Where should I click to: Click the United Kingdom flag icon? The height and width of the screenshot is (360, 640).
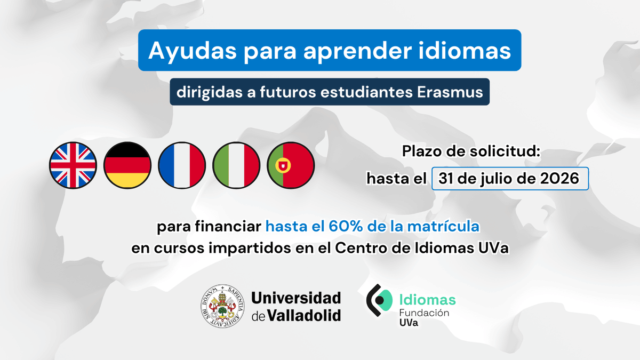[x=73, y=165]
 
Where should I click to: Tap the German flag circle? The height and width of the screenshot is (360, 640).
[x=127, y=165]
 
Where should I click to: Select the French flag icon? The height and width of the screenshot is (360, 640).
[x=182, y=165]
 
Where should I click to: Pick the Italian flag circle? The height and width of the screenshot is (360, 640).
[x=236, y=165]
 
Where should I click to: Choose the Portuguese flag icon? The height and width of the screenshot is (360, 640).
[x=291, y=165]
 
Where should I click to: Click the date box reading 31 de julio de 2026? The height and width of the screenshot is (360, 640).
[x=509, y=179]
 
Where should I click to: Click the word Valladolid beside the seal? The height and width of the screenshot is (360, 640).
[x=303, y=315]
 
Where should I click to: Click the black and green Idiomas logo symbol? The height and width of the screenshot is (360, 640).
[x=379, y=301]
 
